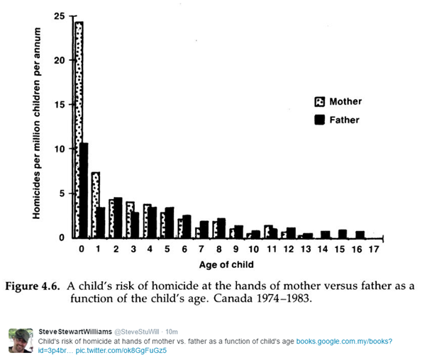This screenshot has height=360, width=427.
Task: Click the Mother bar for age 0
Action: pos(79,128)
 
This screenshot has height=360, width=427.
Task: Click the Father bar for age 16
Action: pos(360,234)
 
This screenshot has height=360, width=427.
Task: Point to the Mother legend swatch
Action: pos(319,102)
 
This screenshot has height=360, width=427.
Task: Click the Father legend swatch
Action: pos(319,120)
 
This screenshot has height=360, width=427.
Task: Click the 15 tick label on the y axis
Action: pos(60,104)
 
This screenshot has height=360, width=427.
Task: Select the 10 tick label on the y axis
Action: pos(60,149)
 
